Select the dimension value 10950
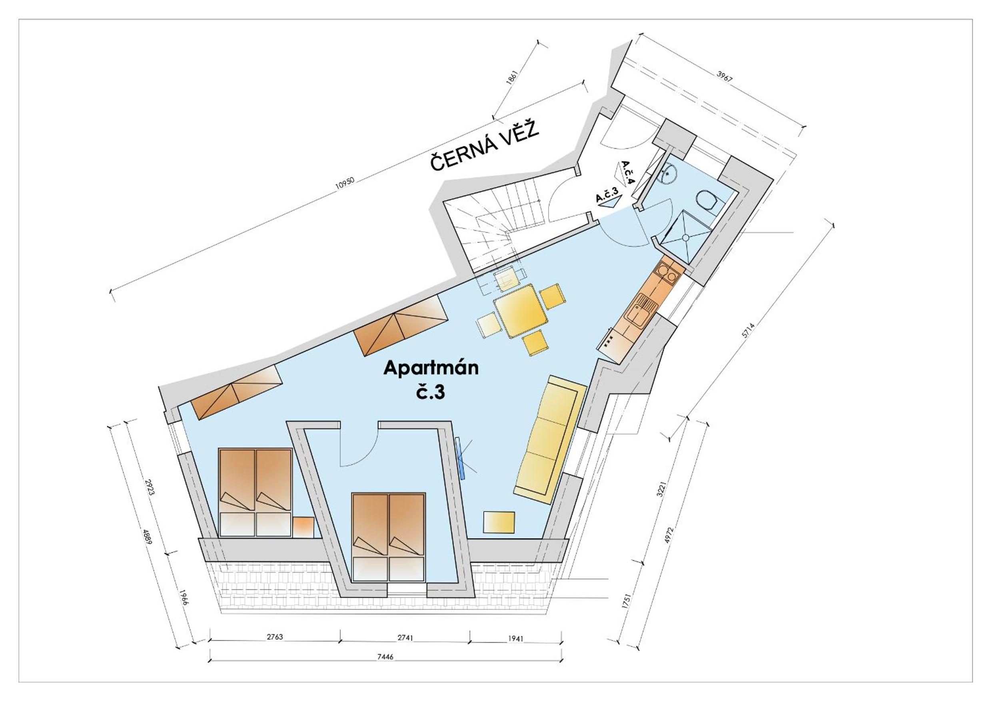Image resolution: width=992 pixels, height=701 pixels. pyautogui.click(x=345, y=183)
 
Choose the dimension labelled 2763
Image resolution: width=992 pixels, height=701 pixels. pyautogui.click(x=274, y=636)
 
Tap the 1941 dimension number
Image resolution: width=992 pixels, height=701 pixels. pyautogui.click(x=515, y=638)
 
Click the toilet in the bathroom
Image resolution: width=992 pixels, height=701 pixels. pyautogui.click(x=707, y=200)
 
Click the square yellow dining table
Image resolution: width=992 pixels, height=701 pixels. pyautogui.click(x=520, y=310)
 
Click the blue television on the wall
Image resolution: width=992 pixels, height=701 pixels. pyautogui.click(x=461, y=457)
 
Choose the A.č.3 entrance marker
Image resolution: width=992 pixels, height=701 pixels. pyautogui.click(x=608, y=198)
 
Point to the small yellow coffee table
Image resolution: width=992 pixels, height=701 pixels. pyautogui.click(x=499, y=522)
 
